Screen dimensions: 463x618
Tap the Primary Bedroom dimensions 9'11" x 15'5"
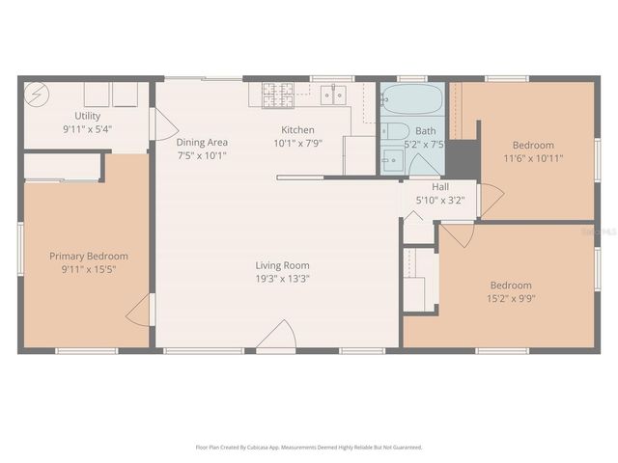88,269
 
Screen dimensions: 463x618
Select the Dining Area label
202,142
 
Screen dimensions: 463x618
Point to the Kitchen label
297,130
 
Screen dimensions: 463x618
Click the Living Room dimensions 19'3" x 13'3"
282,279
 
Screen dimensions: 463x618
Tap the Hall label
440,187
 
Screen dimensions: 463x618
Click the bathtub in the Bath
410,98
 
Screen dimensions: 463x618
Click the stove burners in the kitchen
277,95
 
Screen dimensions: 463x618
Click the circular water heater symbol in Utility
38,95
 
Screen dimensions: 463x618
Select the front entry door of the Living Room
278,337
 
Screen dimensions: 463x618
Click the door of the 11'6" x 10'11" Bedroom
491,199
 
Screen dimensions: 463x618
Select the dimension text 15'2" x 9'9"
510,299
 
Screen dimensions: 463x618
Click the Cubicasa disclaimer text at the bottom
309,448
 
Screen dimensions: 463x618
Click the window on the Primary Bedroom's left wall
20,251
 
